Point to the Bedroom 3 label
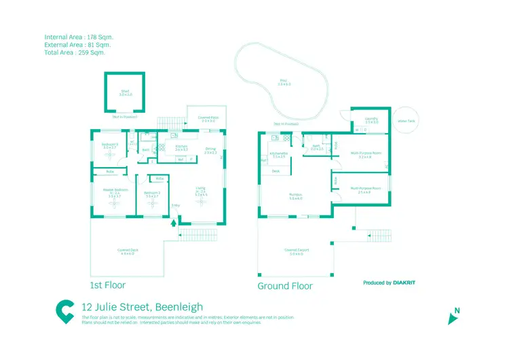(111, 145)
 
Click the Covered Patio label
(208, 118)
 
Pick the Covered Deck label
(126, 251)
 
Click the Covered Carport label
(296, 251)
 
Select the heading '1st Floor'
(108, 285)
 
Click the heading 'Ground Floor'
(285, 286)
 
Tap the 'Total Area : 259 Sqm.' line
(75, 52)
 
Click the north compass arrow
(453, 318)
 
